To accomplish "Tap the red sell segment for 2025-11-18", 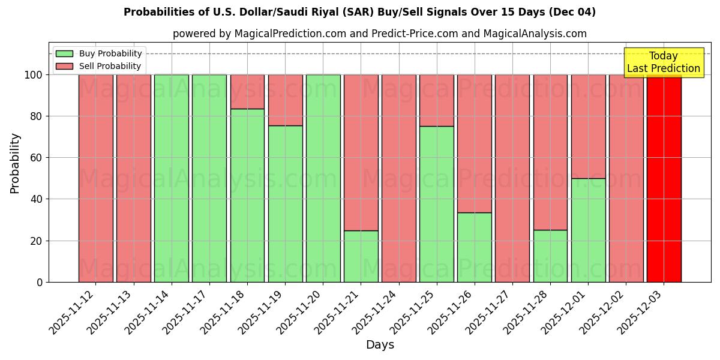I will pyautogui.click(x=247, y=91).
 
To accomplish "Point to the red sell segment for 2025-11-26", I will pyautogui.click(x=474, y=143).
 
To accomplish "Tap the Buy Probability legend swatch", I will pyautogui.click(x=64, y=53).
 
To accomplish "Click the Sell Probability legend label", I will pyautogui.click(x=110, y=66).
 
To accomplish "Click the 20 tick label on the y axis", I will pyautogui.click(x=37, y=241).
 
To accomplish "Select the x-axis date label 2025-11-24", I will pyautogui.click(x=376, y=313).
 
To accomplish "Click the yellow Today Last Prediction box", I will pyautogui.click(x=664, y=62).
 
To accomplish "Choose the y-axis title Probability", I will pyautogui.click(x=15, y=163).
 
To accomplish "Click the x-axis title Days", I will pyautogui.click(x=380, y=345).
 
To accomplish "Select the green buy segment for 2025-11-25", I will pyautogui.click(x=437, y=204).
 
